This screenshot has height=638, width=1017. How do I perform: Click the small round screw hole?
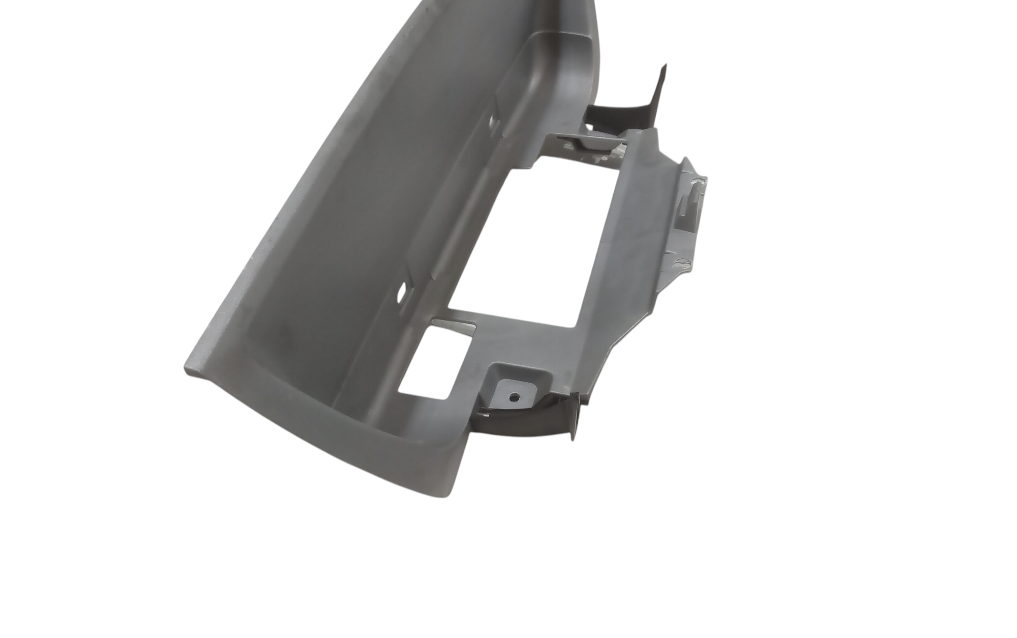(516, 396)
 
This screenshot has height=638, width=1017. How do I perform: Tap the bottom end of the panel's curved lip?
(453, 491)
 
